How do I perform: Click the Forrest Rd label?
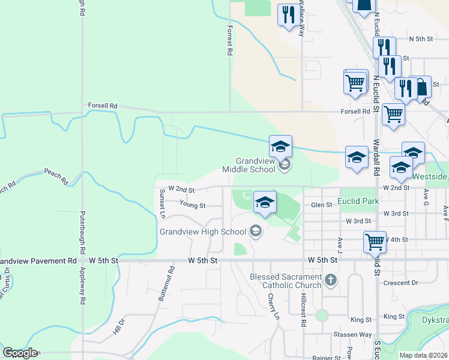coord(229,40)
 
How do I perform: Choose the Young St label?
coord(193,205)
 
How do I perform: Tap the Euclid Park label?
coord(358,201)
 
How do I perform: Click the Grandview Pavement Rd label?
coord(39,261)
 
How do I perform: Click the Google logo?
coord(20,353)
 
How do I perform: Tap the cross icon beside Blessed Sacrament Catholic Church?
coord(330,280)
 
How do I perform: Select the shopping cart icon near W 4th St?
coord(375,242)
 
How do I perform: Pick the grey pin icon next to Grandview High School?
coord(255,232)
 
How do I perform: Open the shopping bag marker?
coord(421,86)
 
